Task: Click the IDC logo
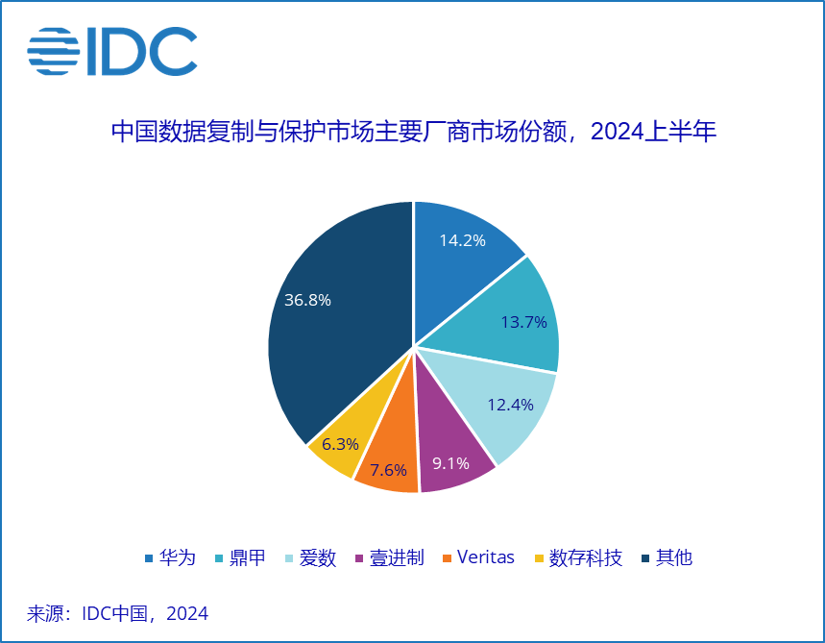point(112,51)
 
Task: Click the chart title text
point(414,132)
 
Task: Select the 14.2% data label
point(462,240)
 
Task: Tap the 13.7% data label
point(523,322)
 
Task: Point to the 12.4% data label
point(510,405)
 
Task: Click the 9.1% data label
point(450,463)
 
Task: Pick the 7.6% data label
point(388,470)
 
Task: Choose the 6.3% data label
point(340,444)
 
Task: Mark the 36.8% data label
point(307,300)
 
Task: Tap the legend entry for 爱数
point(310,557)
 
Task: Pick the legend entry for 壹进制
point(389,557)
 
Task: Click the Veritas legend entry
point(477,557)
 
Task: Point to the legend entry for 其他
point(666,557)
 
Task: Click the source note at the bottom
point(117,613)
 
